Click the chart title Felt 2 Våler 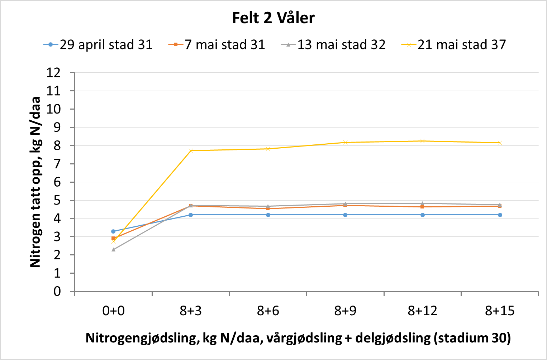pos(273,18)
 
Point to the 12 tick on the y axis pos(53,73)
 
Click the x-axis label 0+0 pos(113,311)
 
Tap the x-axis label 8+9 pos(345,311)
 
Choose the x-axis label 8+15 pos(500,311)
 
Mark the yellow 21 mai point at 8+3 pos(191,150)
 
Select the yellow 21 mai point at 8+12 pos(423,141)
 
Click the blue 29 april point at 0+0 pos(113,231)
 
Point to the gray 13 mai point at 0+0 pos(113,250)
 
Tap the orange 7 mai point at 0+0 pos(113,238)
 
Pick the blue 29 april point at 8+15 pos(500,215)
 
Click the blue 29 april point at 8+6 pos(268,215)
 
